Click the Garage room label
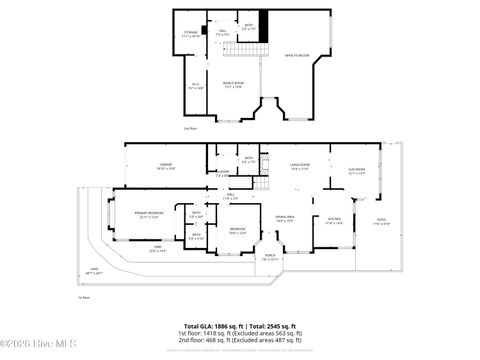coord(166,167)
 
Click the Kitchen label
coord(334,221)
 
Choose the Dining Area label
coord(285,218)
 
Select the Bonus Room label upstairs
coord(232,85)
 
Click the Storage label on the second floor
coord(190,34)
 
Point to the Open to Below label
coord(296,56)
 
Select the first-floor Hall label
coord(230,195)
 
